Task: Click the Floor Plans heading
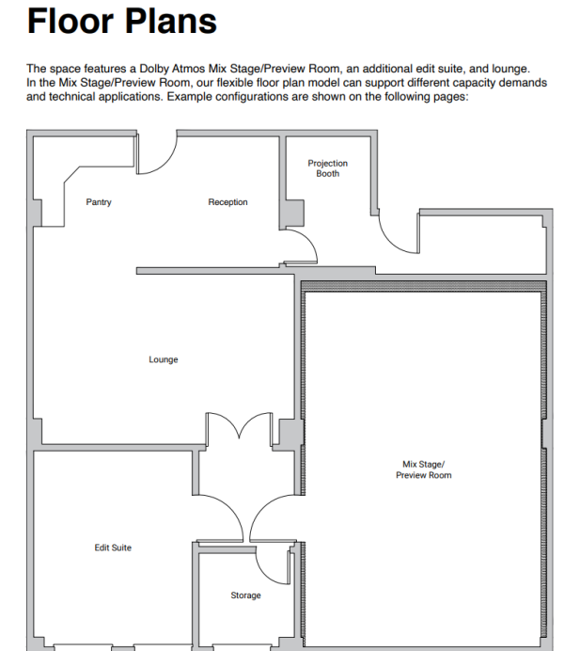tap(122, 21)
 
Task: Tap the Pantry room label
tap(99, 202)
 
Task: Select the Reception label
tap(227, 202)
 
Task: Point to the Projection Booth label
tap(328, 168)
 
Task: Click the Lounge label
tap(164, 359)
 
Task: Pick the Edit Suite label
tap(113, 548)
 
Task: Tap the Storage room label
tap(246, 595)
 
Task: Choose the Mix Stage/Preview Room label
tap(423, 469)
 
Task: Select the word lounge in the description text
tap(510, 69)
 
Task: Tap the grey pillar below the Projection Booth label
tap(294, 214)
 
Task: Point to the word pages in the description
tap(454, 97)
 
